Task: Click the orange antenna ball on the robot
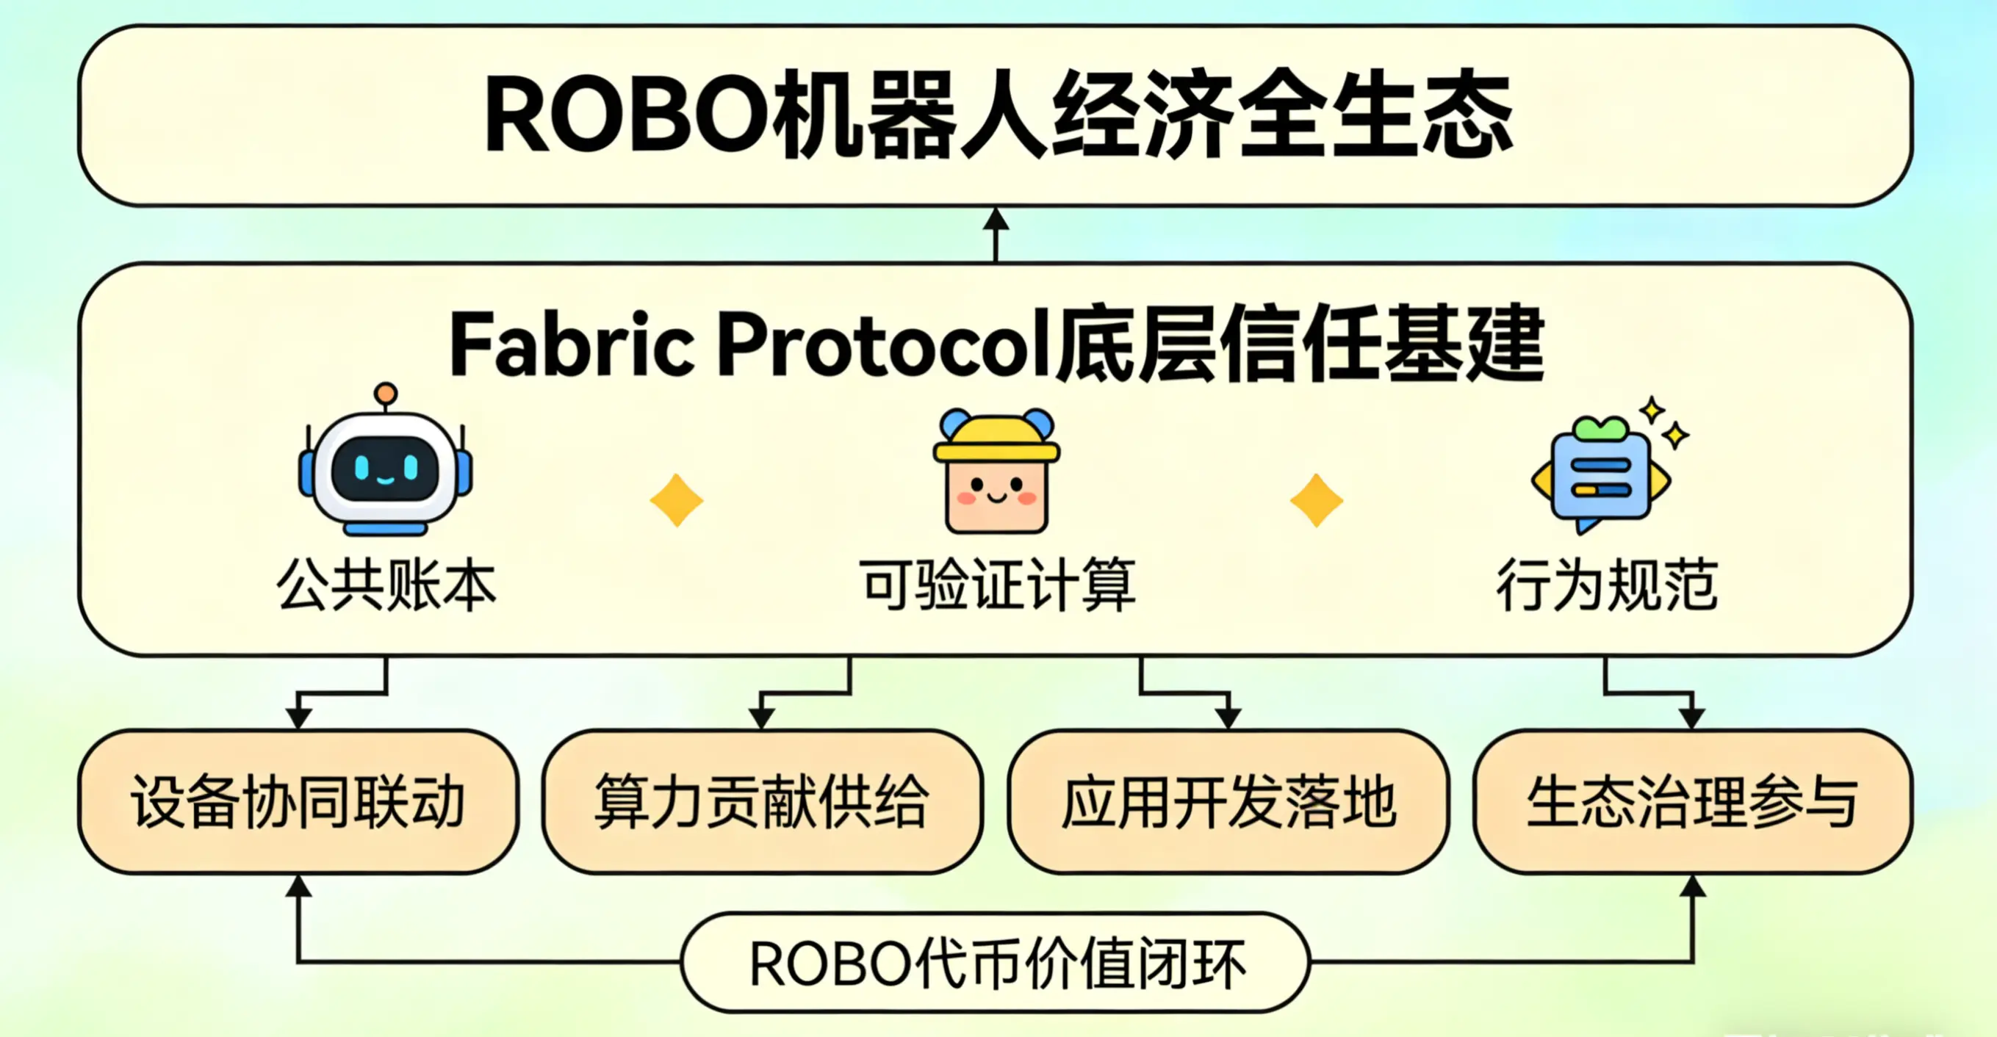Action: coord(385,394)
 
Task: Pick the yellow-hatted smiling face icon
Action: coord(997,473)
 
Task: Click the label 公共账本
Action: coord(386,585)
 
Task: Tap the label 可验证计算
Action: coord(997,585)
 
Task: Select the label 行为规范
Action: coord(1606,585)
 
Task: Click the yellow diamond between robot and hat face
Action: coord(677,501)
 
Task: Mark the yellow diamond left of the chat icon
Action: coord(1317,501)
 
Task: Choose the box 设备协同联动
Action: coord(298,801)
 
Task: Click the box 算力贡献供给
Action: coord(763,801)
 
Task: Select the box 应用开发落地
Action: coord(1228,801)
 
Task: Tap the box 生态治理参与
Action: coord(1693,801)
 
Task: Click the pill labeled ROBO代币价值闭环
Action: coord(996,963)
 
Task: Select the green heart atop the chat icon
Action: coord(1600,427)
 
